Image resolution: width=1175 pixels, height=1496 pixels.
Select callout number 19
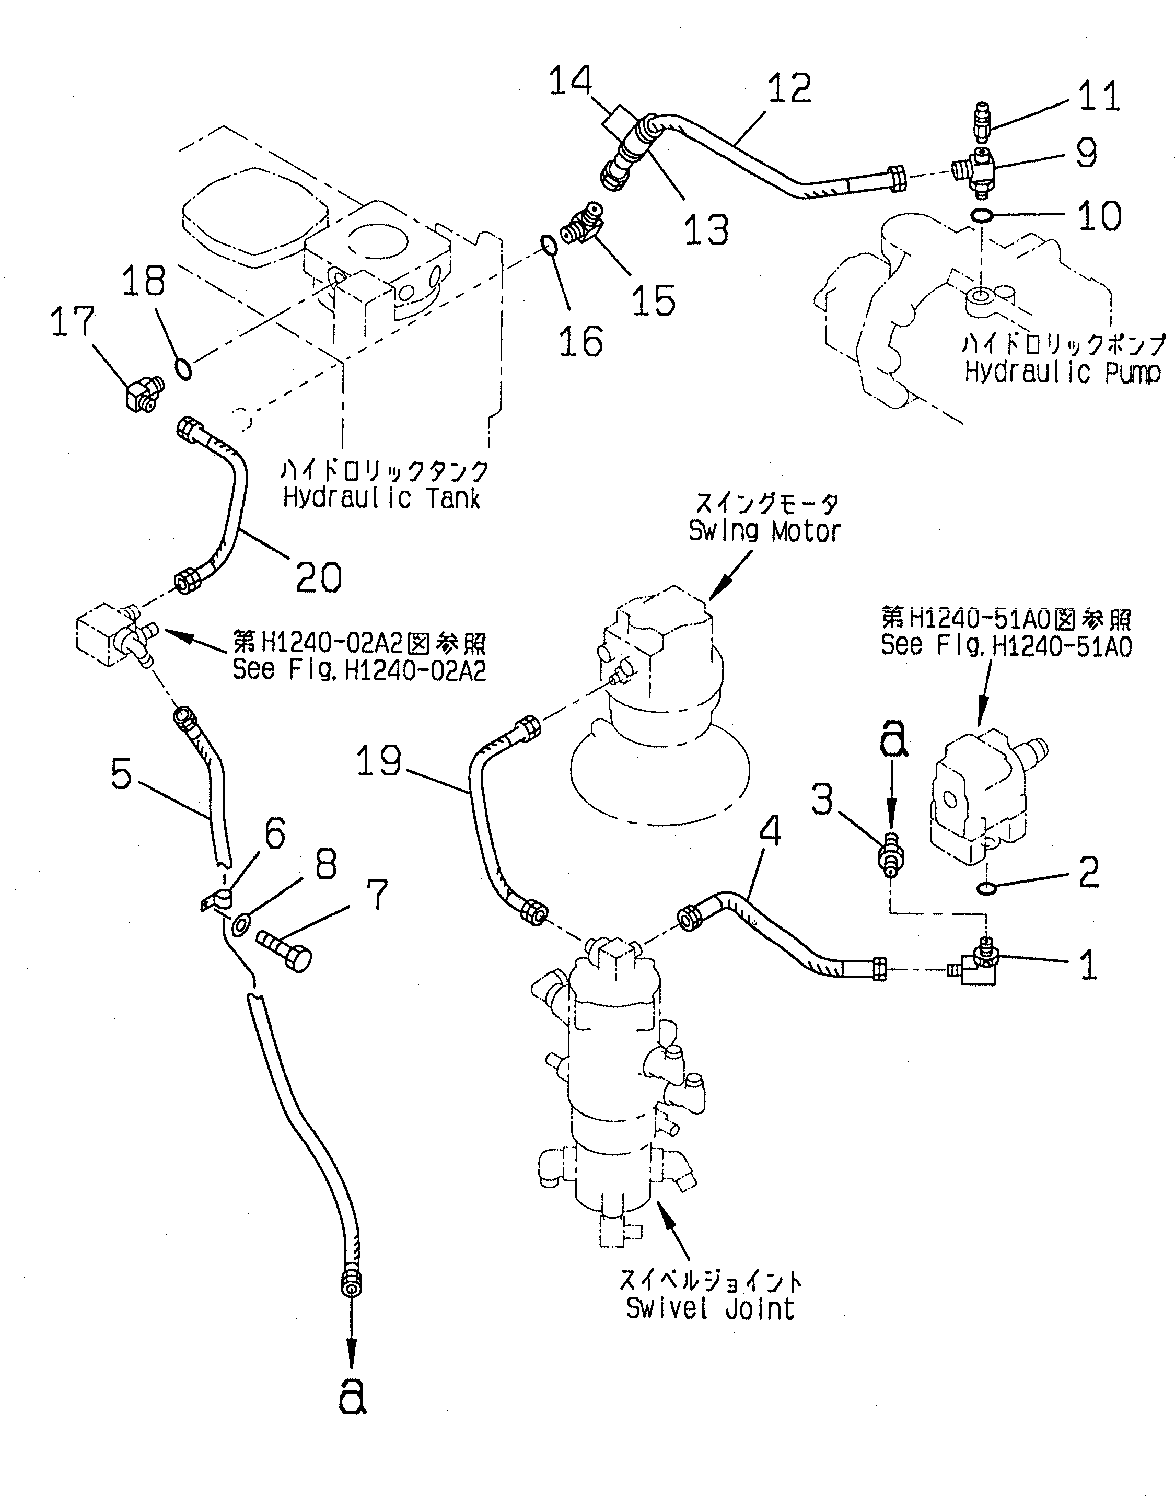[x=378, y=762]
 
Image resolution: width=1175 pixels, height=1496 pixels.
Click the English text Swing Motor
[x=764, y=532]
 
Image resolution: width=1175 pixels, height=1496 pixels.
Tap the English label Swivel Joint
[x=710, y=1308]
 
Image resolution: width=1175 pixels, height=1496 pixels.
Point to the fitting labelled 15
[x=581, y=223]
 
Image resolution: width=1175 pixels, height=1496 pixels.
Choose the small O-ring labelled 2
[x=986, y=890]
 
